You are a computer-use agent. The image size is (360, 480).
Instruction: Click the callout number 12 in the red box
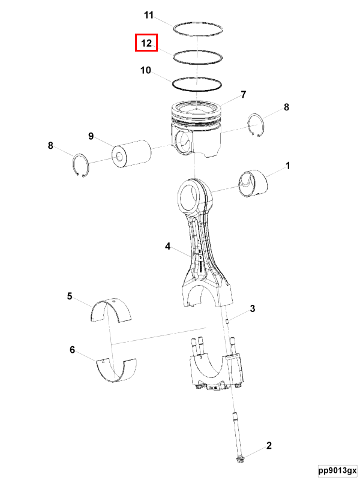point(146,43)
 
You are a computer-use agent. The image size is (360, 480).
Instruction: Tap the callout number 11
point(148,15)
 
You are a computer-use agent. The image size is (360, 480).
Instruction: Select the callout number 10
point(146,70)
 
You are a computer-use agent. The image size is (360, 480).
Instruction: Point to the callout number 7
point(244,95)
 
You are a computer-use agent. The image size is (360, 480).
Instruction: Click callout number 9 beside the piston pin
point(91,136)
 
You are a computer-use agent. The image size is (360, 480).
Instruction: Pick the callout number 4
point(167,246)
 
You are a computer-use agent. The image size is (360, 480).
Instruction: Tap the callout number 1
point(288,166)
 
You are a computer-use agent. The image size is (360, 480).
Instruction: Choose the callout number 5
point(70,296)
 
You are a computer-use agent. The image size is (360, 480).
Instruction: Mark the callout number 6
point(72,350)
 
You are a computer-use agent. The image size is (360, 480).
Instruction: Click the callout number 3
point(253,308)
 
